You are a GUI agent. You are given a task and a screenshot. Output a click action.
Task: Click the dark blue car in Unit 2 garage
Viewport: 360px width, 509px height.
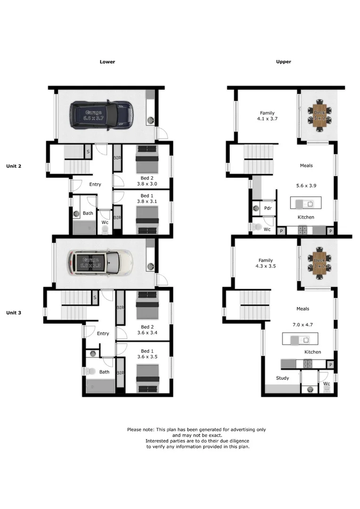[x=101, y=115]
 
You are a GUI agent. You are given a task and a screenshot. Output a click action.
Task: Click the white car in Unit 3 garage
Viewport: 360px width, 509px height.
[x=99, y=263]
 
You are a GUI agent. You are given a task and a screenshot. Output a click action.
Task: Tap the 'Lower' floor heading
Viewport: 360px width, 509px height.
[x=107, y=62]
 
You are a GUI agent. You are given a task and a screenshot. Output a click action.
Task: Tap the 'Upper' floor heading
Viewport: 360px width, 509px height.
[x=284, y=62]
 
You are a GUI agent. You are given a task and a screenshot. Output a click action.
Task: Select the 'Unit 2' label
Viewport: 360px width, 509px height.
[x=14, y=166]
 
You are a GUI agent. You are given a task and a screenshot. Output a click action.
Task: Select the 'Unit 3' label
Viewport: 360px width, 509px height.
[x=14, y=312]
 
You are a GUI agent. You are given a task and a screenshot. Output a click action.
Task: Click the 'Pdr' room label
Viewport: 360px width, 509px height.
[x=268, y=208]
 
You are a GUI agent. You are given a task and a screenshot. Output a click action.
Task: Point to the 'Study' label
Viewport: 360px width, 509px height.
[x=283, y=378]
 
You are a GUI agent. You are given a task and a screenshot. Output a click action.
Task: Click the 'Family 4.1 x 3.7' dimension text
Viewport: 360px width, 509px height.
[x=267, y=116]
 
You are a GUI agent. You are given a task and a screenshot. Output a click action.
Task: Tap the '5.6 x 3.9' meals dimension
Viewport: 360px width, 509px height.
[x=306, y=186]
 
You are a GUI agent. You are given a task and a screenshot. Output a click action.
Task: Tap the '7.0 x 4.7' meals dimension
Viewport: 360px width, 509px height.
[x=303, y=325]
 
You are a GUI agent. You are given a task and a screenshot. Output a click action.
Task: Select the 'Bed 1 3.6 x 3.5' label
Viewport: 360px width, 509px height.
[x=147, y=354]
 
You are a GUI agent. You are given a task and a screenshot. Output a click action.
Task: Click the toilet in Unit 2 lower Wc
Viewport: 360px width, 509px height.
[x=105, y=230]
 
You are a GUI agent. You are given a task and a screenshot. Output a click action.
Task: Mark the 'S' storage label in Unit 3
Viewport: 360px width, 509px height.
[x=95, y=297]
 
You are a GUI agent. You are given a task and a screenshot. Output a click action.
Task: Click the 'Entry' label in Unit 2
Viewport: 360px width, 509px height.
[x=95, y=184]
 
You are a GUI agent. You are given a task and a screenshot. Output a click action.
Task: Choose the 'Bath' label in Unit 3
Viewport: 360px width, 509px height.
[x=104, y=372]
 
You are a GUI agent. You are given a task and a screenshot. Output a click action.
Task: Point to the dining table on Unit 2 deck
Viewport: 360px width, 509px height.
[x=319, y=114]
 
